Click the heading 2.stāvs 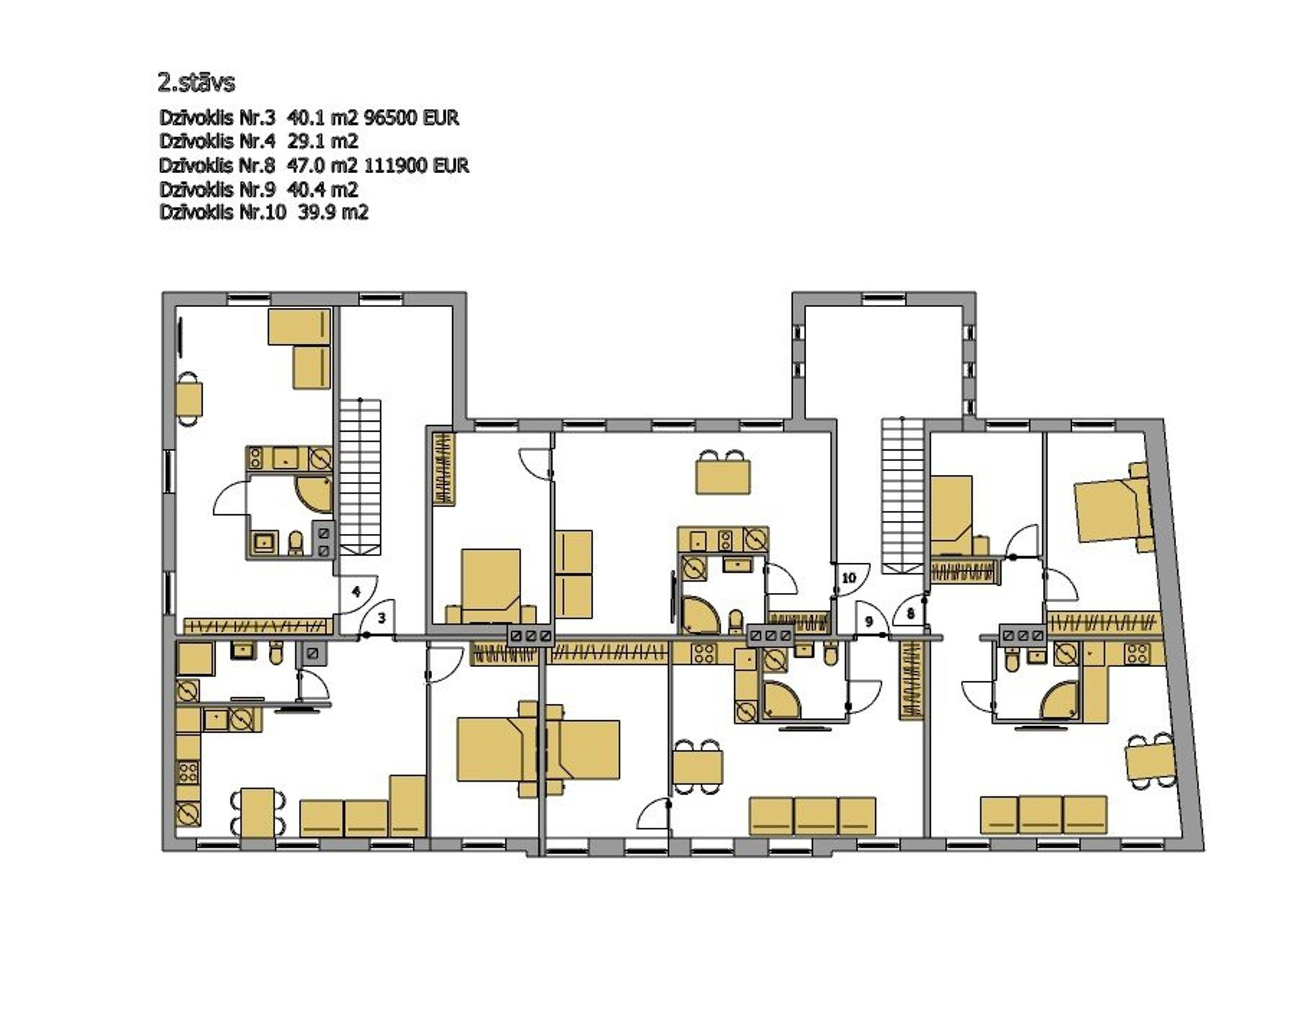pos(196,83)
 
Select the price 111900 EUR pos(416,165)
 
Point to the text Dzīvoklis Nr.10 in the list pos(222,213)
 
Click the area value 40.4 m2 pos(323,190)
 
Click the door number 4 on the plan pos(356,592)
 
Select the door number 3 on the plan pos(382,618)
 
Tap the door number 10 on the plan pos(848,578)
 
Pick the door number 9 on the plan pos(869,621)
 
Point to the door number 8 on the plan pos(910,614)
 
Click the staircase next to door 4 pos(360,477)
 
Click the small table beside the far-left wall pos(189,399)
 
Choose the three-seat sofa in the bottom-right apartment pos(1044,815)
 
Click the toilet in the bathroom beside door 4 pos(296,542)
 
